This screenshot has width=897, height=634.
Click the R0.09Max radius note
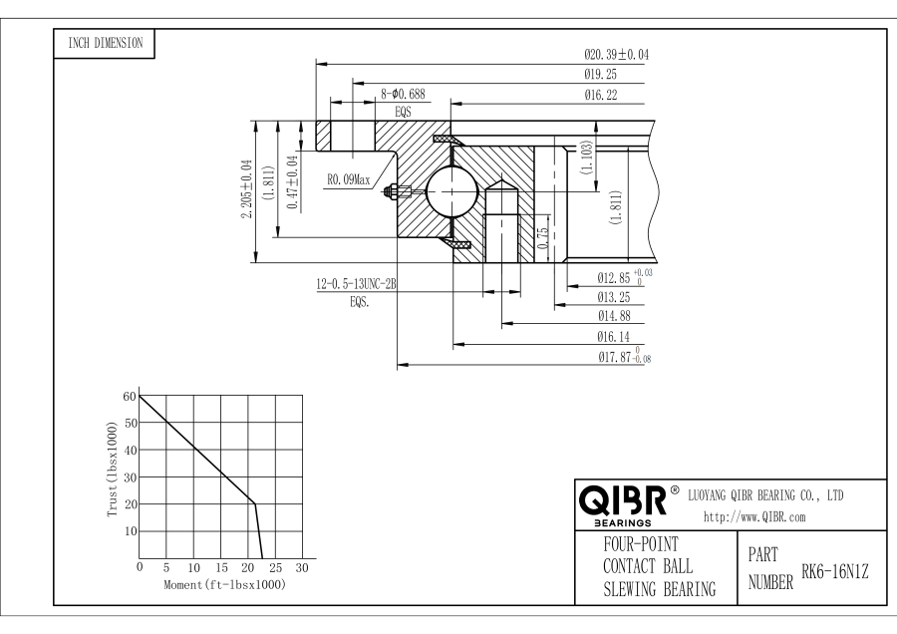point(348,181)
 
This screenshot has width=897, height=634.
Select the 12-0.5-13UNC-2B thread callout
point(357,284)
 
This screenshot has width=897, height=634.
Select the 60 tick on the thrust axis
point(129,397)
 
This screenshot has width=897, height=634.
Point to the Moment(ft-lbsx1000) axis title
point(224,583)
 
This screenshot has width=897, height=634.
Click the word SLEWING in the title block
point(639,589)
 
